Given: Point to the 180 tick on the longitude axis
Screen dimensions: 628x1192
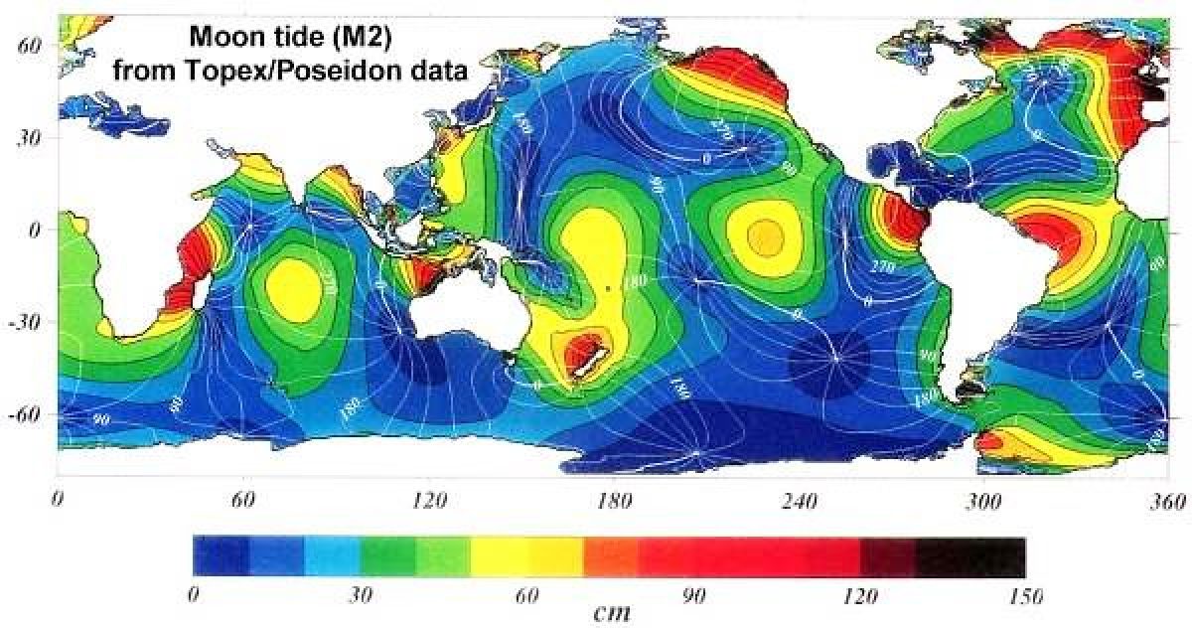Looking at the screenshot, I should tap(615, 502).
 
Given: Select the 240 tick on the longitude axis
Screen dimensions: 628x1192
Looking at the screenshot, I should tap(800, 502).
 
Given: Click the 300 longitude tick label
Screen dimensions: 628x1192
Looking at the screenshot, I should tap(984, 502).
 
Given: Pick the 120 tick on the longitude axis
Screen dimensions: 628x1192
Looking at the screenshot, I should tap(430, 502).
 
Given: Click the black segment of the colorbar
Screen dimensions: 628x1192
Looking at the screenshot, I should tap(969, 557).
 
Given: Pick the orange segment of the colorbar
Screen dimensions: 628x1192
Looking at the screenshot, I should tap(609, 557).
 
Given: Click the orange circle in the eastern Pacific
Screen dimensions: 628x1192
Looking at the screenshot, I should tap(765, 236).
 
